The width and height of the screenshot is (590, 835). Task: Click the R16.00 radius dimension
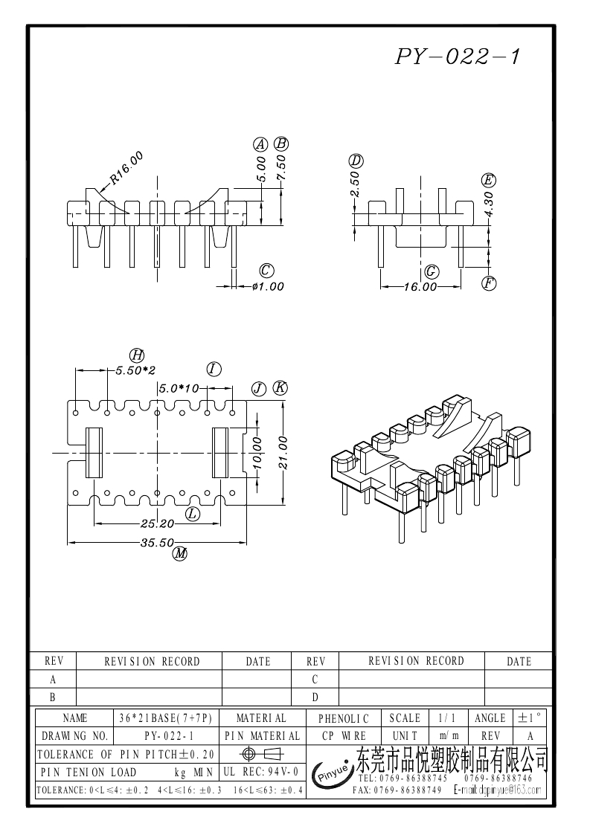pos(125,167)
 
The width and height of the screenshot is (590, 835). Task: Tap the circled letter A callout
pos(260,145)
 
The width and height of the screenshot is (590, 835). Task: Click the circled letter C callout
pos(266,270)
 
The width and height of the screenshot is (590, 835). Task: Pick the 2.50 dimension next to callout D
pos(356,185)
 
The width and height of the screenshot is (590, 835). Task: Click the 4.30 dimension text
pos(488,203)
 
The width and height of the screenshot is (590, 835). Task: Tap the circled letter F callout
pos(488,283)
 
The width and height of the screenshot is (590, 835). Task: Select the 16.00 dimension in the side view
pos(420,287)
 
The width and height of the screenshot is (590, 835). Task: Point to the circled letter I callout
pos(214,370)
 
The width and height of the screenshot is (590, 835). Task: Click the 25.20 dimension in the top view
pos(158,523)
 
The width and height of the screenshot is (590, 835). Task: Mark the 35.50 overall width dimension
pos(158,543)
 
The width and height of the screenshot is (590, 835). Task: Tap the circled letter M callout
pos(179,553)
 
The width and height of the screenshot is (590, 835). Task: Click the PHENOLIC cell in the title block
pos(343,719)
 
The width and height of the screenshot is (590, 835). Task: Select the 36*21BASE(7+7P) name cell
pos(166,719)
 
